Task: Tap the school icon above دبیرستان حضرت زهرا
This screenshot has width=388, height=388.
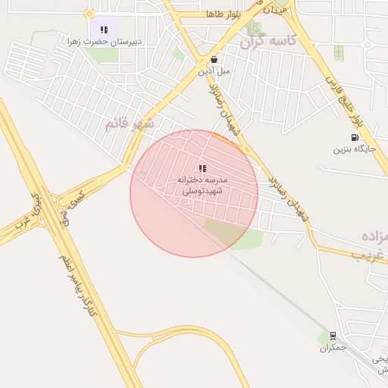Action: click(x=104, y=30)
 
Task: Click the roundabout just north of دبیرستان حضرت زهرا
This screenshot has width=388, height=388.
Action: click(x=89, y=13)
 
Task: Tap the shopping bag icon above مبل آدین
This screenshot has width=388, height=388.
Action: click(x=214, y=59)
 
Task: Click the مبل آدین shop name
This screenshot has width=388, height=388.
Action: click(x=214, y=70)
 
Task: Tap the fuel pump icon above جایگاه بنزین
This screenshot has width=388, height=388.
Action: click(x=355, y=137)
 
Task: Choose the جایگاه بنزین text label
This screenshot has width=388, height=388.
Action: click(x=355, y=149)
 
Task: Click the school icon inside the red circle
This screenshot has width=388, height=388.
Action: click(x=202, y=168)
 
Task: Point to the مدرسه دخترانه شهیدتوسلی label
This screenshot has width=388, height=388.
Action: click(x=202, y=186)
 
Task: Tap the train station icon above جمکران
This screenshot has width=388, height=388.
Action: click(x=333, y=336)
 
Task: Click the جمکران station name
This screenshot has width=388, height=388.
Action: click(x=333, y=347)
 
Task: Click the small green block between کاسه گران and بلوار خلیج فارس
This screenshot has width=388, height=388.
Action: click(x=338, y=52)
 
